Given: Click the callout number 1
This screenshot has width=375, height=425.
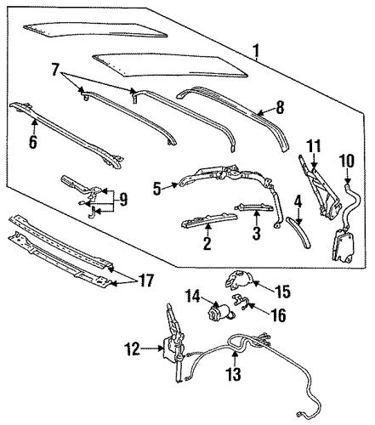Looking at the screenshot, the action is (x=256, y=50).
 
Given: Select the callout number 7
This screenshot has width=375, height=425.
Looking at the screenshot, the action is (x=56, y=70).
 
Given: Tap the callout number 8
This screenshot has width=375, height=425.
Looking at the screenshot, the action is (x=280, y=108).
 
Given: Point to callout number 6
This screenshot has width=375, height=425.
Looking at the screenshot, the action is (x=33, y=141).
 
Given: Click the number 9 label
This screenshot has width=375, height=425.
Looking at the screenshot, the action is (x=122, y=200).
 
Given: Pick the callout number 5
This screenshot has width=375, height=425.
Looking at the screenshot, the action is (x=157, y=189).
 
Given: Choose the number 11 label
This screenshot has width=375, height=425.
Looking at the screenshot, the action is (x=314, y=146).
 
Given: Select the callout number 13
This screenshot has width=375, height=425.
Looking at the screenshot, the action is (x=234, y=374).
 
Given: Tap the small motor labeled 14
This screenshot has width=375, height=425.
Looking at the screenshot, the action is (x=221, y=312).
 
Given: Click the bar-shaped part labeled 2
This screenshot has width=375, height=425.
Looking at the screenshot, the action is (x=208, y=221).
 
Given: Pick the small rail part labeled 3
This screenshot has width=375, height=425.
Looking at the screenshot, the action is (x=253, y=208).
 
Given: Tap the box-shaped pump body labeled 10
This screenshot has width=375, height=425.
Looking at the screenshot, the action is (x=342, y=245).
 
